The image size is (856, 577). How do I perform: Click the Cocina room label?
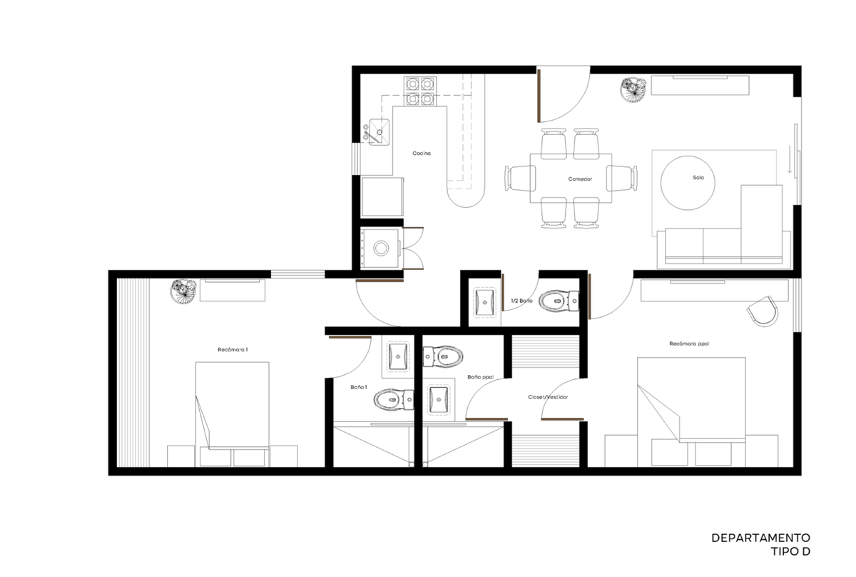422,153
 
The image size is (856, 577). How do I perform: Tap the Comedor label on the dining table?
580,179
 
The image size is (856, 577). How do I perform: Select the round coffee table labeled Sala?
688,183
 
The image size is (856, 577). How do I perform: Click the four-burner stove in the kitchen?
420,91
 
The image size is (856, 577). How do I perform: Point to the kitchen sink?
379,131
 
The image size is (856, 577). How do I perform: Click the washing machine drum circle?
381,249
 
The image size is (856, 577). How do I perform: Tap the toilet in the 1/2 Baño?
559,301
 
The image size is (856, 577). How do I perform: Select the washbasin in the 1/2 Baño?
484,302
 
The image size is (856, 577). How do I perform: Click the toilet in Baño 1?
394,400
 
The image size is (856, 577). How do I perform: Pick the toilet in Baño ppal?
443,356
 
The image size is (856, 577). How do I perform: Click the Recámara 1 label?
233,349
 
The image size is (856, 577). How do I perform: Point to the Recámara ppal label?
689,343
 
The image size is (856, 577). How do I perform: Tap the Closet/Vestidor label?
548,397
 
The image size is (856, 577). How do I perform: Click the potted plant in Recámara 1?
183,291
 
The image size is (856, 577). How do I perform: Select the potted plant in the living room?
633,90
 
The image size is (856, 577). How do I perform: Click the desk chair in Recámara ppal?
763,311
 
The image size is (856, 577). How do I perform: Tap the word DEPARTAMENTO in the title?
760,538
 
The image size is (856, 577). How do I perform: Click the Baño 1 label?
358,387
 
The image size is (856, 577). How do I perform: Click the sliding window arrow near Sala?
790,159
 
